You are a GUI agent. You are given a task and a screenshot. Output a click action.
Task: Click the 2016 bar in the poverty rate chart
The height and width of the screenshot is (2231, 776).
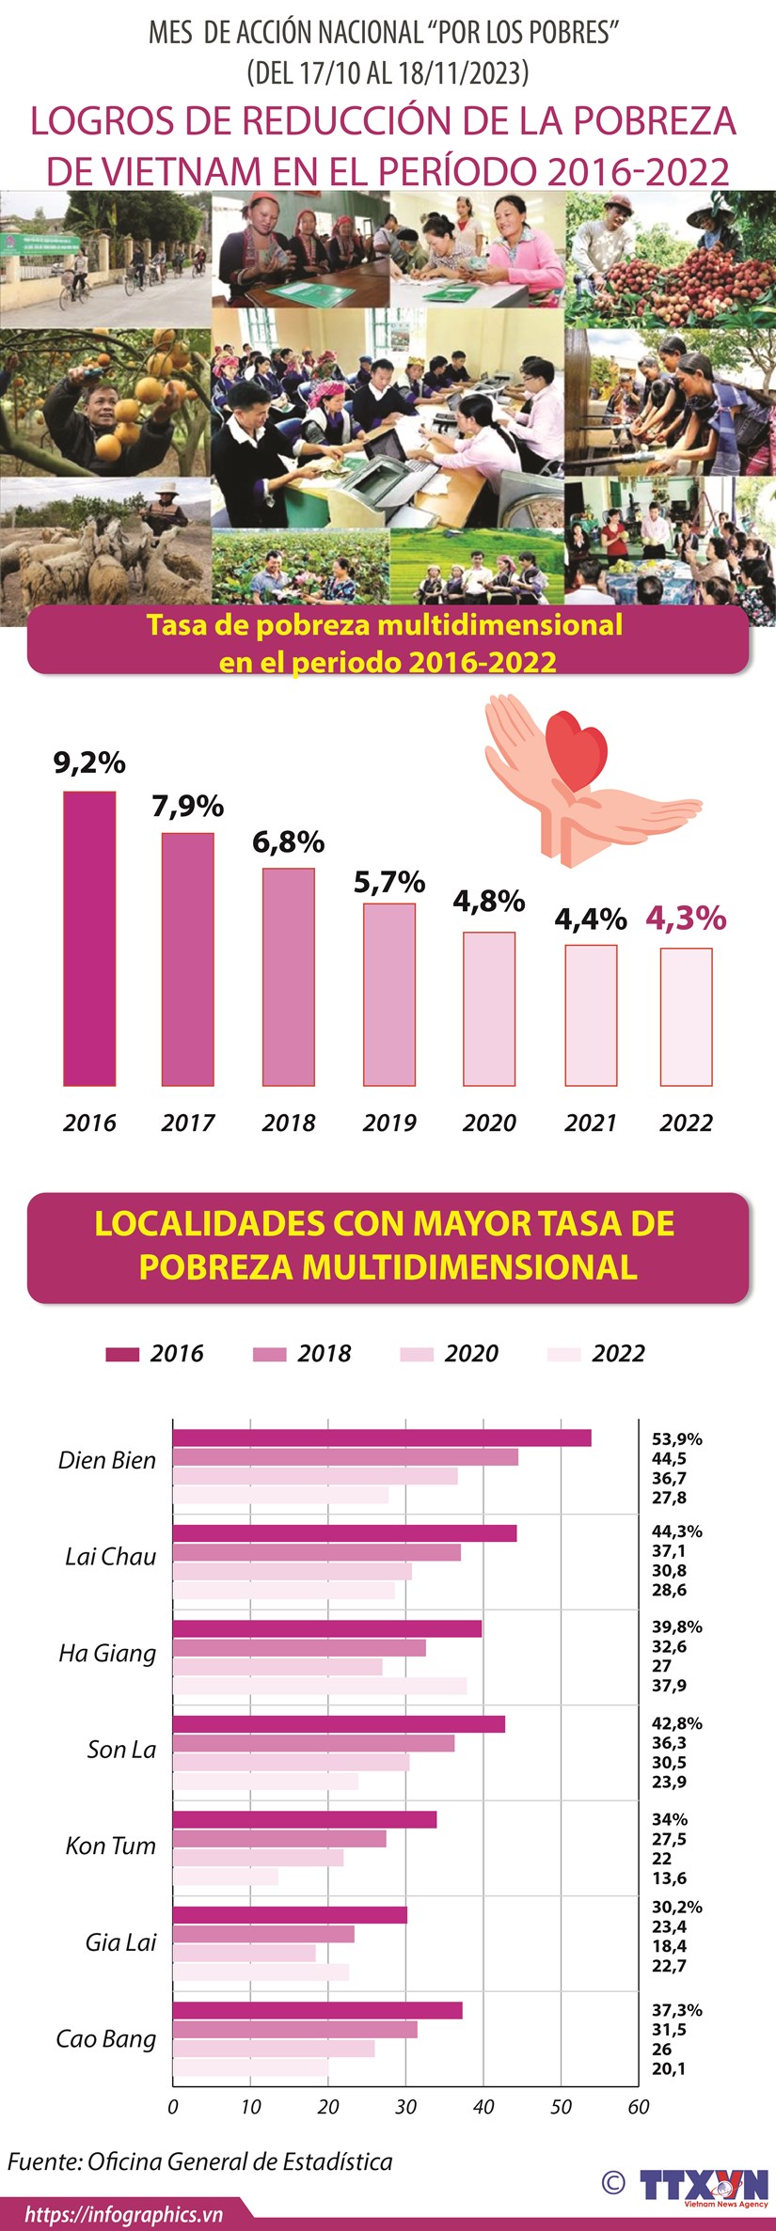pos(89,938)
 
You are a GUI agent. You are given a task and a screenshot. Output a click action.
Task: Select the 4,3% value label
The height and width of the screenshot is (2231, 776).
pos(686,918)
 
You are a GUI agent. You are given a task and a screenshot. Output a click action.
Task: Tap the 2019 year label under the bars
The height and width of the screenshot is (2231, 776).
pos(389,1123)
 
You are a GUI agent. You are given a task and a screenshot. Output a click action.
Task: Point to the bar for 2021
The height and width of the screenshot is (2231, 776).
pos(591,1015)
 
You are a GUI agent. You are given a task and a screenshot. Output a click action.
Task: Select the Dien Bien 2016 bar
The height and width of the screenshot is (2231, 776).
pos(381,1438)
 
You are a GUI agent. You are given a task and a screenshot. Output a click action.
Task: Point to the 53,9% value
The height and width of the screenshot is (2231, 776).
pos(676,1439)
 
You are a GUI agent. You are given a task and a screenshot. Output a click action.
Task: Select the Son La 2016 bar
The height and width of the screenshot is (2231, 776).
pos(339,1724)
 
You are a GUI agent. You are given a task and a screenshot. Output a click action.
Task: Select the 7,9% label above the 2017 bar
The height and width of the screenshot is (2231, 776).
pos(187,807)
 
